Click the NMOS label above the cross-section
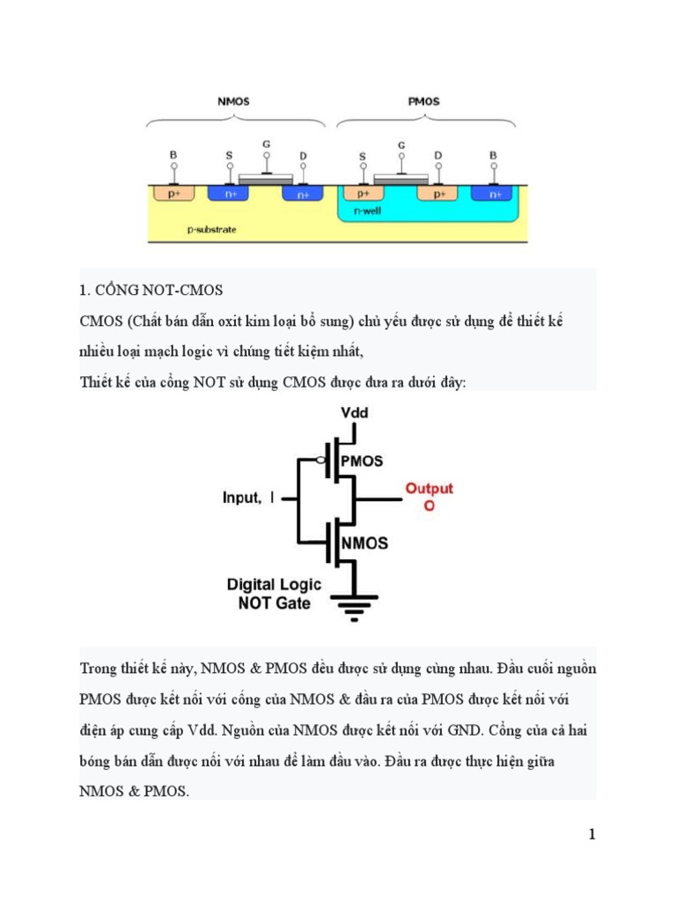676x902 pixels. coord(233,101)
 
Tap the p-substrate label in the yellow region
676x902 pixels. coord(212,229)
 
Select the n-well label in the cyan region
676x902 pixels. coord(367,211)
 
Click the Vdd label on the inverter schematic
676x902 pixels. coord(356,412)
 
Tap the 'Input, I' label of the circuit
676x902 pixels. coord(248,498)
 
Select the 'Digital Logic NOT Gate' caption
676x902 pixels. coord(274,594)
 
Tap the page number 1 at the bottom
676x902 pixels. coord(592,834)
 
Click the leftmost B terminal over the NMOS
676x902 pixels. coord(173,156)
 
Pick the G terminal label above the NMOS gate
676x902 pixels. coord(267,143)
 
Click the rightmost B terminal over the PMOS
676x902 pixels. coord(493,156)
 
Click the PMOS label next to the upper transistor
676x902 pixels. coord(368,461)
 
